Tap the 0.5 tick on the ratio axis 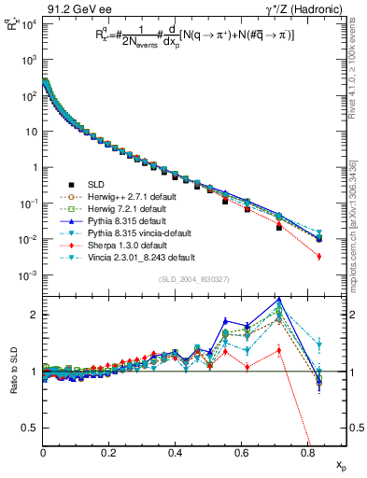click(33, 428)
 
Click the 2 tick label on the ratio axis click(36, 315)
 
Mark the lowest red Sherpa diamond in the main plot click(319, 256)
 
